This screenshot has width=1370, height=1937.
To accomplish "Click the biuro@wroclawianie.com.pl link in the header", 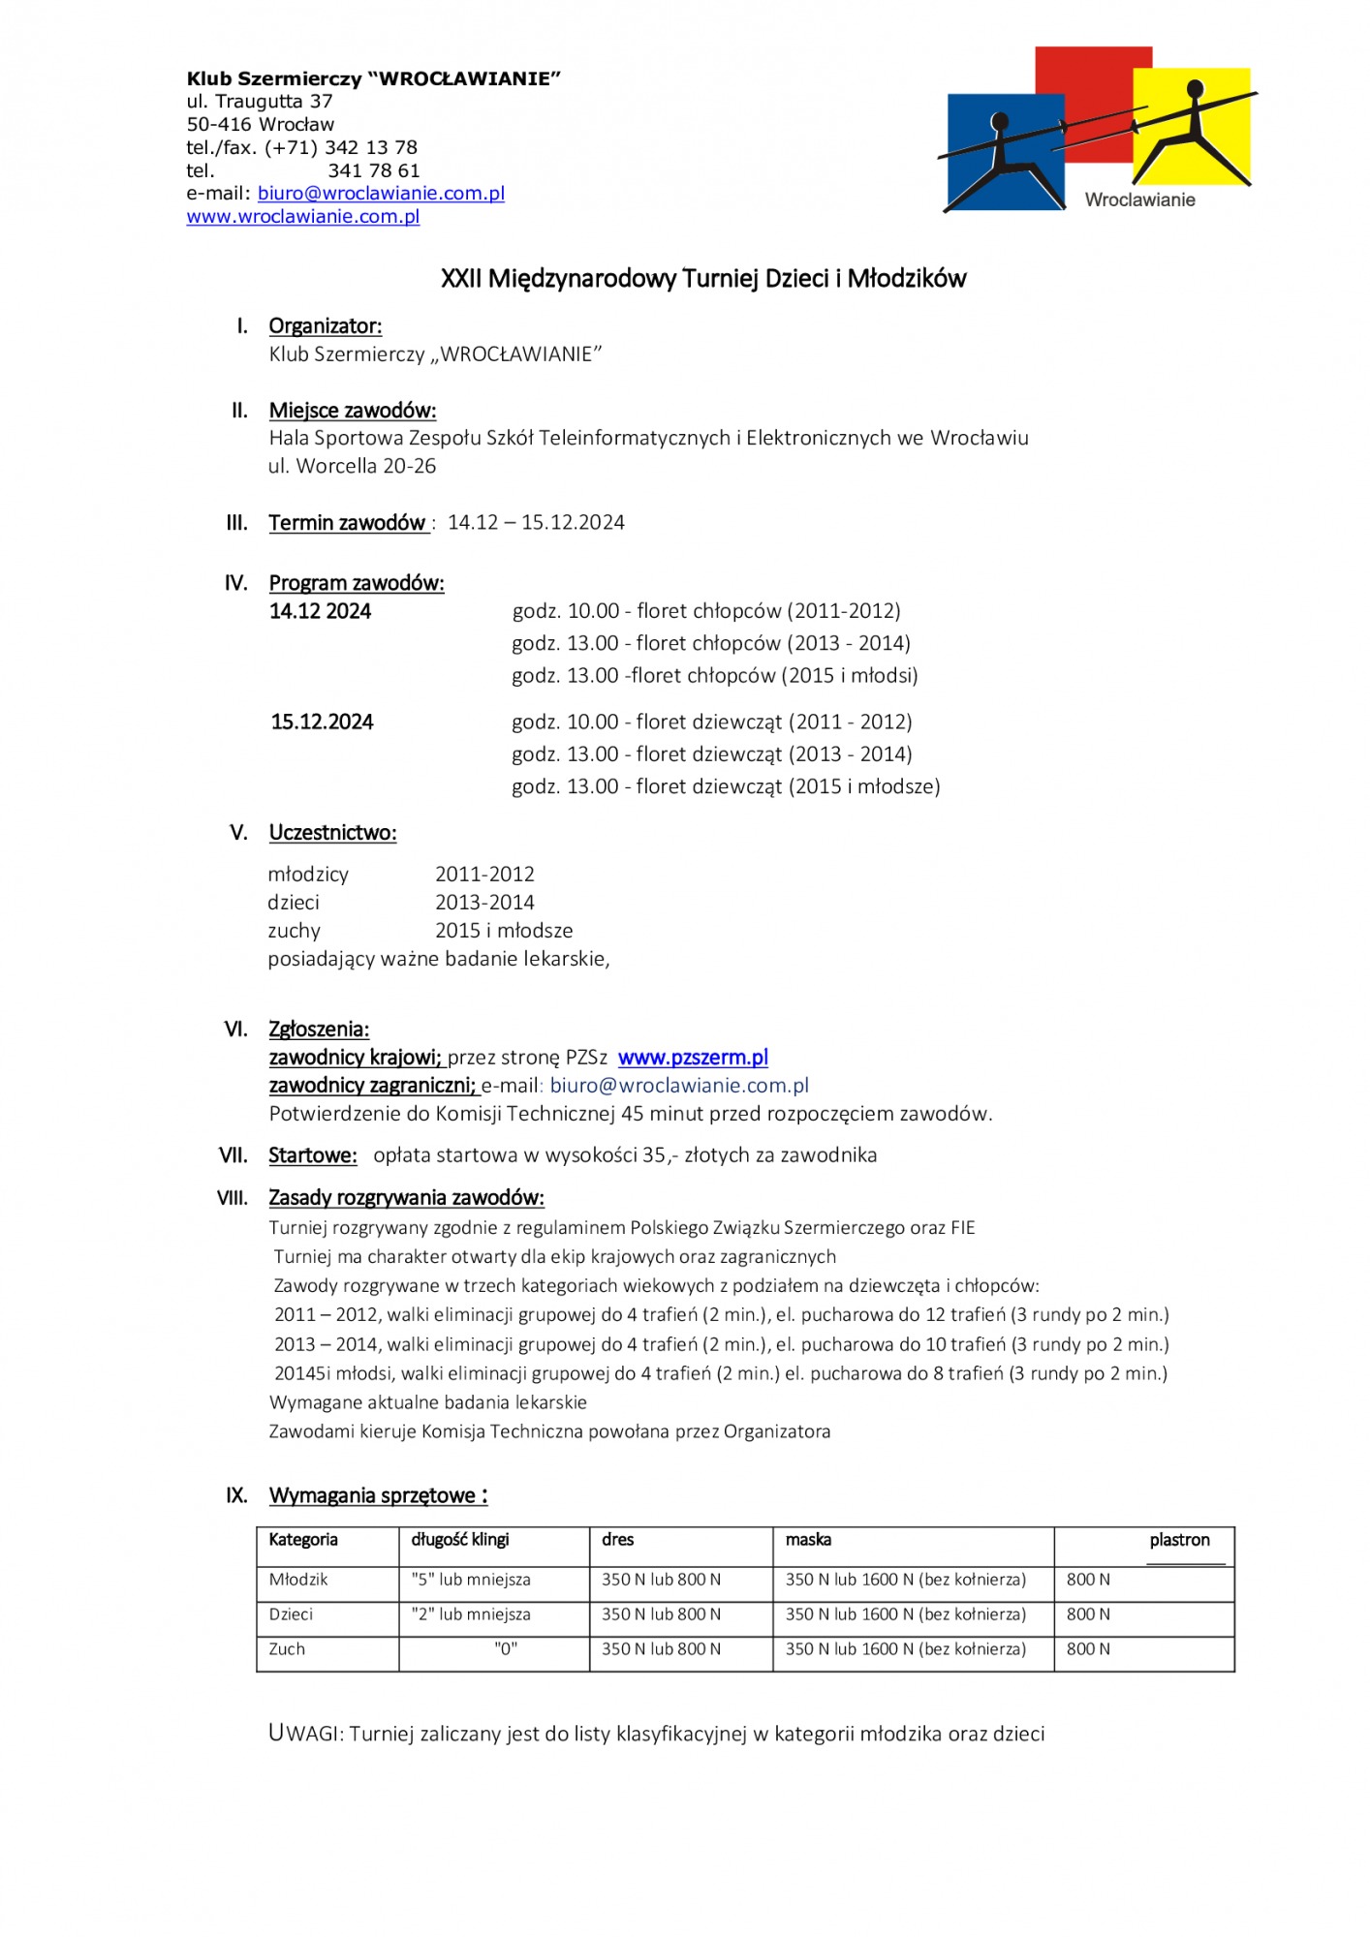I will tap(381, 194).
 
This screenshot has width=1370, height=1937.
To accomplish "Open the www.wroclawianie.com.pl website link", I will tap(302, 217).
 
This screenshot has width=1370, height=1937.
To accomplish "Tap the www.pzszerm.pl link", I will tap(693, 1058).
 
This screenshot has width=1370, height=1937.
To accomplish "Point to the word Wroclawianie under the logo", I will tap(1139, 200).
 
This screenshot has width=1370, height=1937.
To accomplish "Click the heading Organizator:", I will tap(326, 326).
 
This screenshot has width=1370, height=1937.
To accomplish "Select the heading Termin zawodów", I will tap(347, 523).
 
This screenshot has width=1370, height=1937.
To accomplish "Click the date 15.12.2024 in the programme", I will tap(322, 723).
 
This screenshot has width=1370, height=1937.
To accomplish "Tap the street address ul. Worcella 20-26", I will tap(353, 467).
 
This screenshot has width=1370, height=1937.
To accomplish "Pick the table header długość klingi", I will tap(460, 1540).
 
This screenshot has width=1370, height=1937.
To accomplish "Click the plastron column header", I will tap(1179, 1540).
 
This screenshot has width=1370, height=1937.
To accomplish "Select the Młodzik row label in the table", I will tap(298, 1580).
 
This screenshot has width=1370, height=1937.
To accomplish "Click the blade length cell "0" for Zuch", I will tap(506, 1649).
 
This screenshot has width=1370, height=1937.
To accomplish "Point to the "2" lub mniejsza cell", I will tap(471, 1614).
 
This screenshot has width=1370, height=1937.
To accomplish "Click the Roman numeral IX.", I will tap(236, 1495).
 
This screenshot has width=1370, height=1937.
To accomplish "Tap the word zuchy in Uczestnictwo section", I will tap(294, 931).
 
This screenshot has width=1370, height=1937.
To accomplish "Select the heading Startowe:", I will tap(313, 1155).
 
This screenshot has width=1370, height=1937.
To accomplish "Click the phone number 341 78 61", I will tap(373, 171).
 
